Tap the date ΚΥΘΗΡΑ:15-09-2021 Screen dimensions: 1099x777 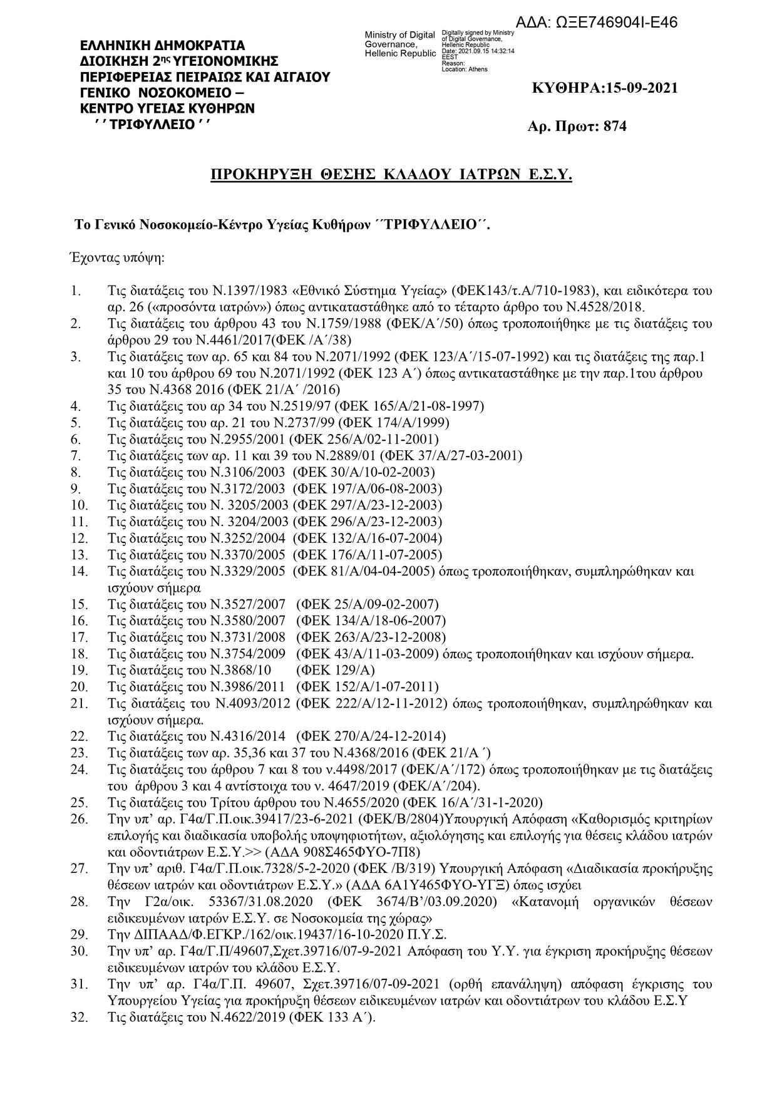(604, 88)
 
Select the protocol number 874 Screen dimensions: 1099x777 (615, 126)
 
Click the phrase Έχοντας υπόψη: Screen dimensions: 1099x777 (116, 257)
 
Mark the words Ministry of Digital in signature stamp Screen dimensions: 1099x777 (399, 34)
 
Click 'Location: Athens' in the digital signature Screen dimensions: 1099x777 (464, 69)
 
